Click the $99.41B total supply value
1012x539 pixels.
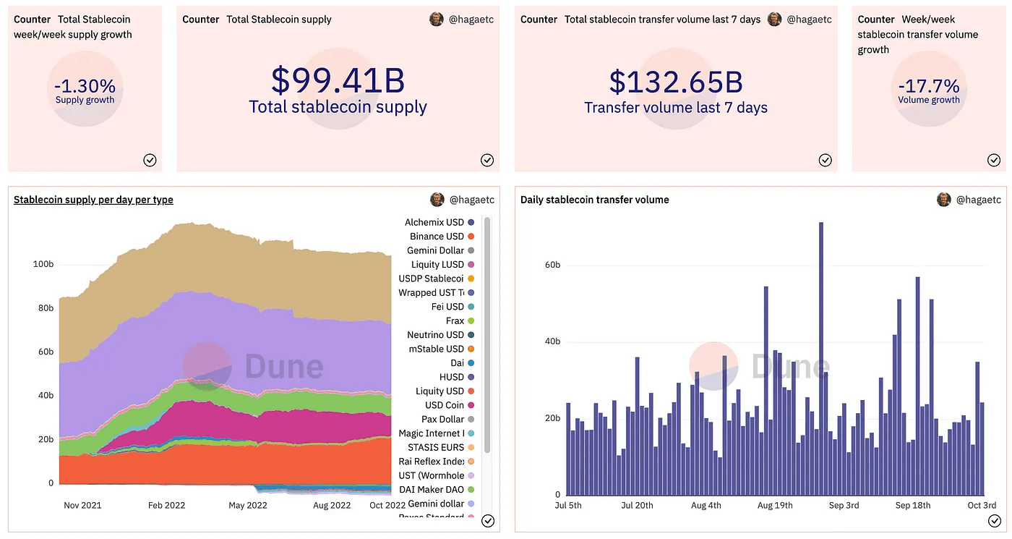tap(338, 80)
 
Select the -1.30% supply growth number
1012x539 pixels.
tap(85, 86)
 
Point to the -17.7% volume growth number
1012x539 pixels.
tap(929, 86)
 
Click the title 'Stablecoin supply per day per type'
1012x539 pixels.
tap(93, 200)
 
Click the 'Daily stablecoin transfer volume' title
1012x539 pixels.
tap(594, 200)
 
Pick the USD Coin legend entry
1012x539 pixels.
tap(445, 405)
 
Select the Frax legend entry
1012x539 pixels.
tap(455, 321)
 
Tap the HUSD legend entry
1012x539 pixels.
tap(452, 377)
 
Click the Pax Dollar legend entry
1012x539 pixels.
tap(442, 420)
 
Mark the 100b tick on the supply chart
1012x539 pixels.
tap(43, 265)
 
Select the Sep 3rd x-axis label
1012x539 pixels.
tap(844, 505)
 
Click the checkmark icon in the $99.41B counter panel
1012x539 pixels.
tap(487, 160)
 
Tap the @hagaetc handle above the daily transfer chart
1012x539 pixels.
tap(978, 200)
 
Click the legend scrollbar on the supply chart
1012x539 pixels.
tap(487, 333)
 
